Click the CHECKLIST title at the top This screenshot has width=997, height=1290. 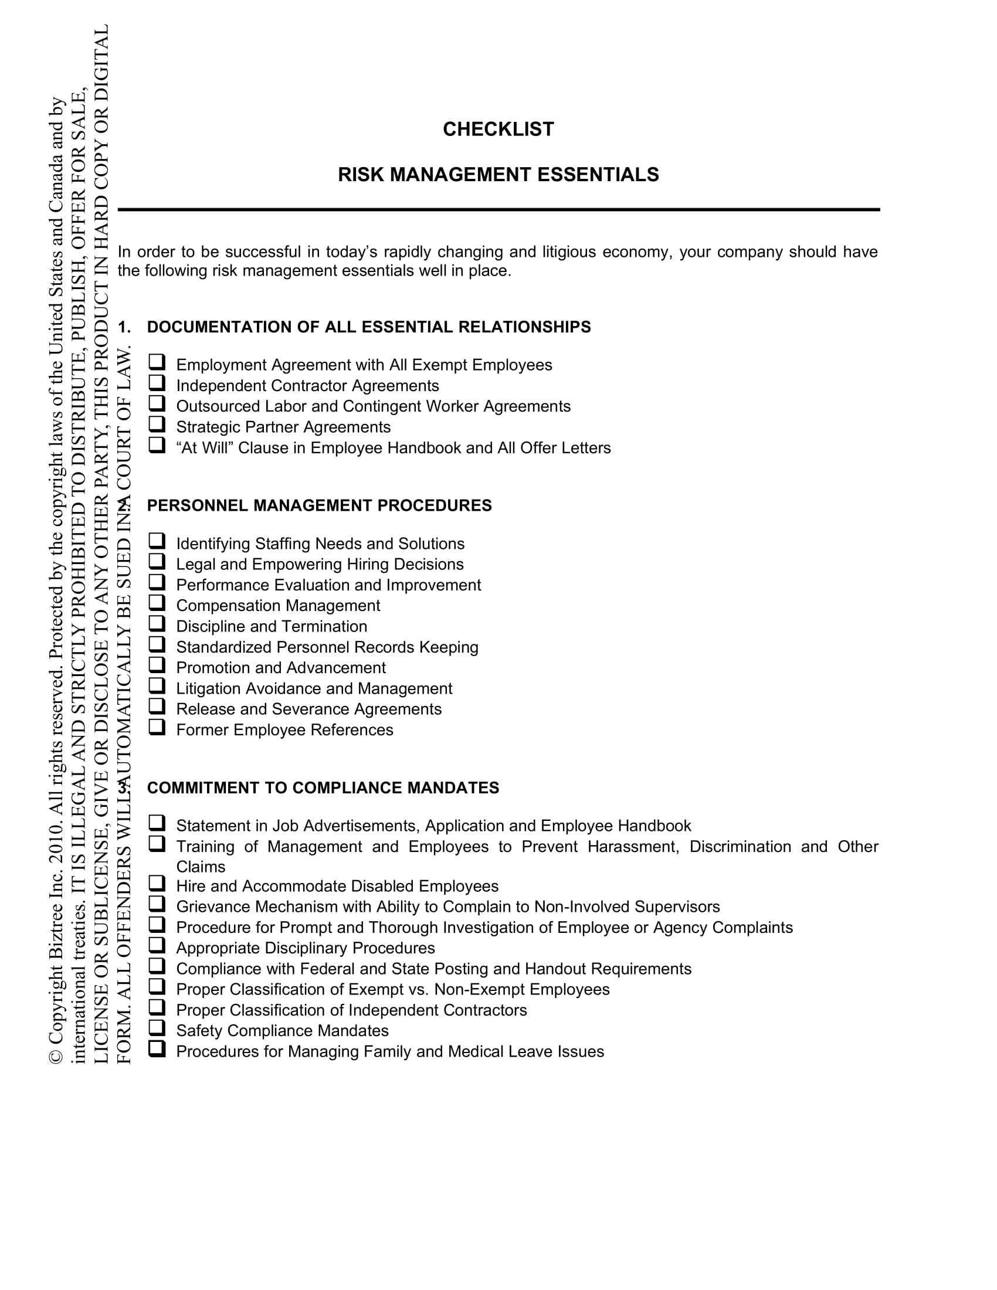[x=498, y=130]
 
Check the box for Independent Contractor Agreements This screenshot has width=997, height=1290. [x=157, y=383]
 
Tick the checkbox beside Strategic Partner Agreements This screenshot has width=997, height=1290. [x=157, y=424]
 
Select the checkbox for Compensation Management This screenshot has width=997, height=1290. [x=157, y=603]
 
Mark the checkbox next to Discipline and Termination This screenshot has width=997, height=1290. [x=157, y=624]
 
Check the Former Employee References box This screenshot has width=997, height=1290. [x=157, y=727]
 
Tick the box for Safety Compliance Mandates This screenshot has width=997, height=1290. [x=157, y=1028]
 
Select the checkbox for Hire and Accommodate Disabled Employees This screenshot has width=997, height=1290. [x=157, y=884]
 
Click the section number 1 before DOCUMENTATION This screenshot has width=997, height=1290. [x=123, y=327]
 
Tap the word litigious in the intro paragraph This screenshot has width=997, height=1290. [x=569, y=252]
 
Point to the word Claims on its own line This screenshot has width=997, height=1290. [x=201, y=867]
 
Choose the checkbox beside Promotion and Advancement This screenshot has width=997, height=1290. [x=157, y=665]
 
